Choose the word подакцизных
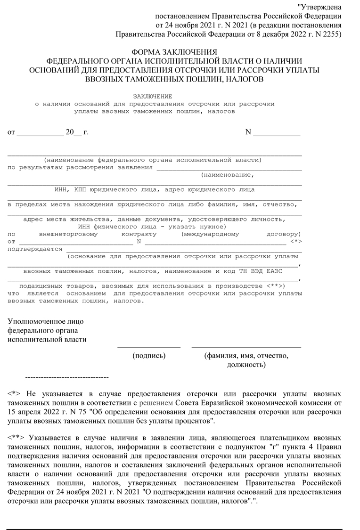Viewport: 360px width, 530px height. coord(39,286)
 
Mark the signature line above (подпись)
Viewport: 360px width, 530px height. coord(149,347)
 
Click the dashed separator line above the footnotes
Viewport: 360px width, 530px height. coord(66,377)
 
